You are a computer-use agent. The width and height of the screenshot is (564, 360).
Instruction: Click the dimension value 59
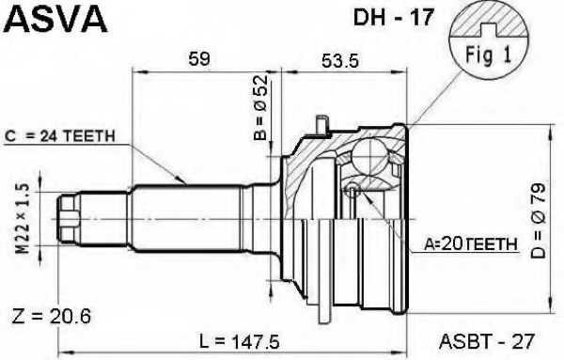click(197, 60)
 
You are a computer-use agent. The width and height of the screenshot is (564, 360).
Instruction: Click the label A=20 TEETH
click(469, 243)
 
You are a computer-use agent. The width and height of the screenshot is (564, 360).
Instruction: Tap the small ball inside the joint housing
click(351, 192)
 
